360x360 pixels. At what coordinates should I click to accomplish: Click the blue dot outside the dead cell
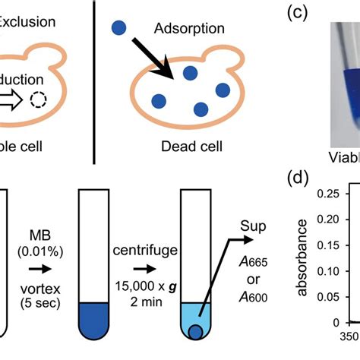click(118, 27)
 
